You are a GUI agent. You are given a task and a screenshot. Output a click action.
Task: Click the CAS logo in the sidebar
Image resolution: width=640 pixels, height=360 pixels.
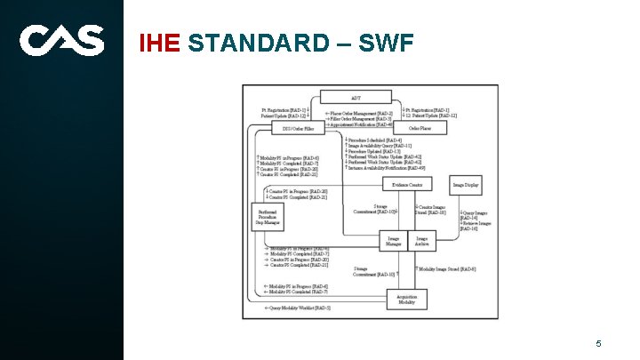(61, 40)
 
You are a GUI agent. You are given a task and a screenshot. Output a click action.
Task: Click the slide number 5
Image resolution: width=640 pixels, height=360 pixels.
(599, 343)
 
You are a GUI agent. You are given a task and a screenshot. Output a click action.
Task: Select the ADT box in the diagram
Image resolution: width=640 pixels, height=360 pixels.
(356, 97)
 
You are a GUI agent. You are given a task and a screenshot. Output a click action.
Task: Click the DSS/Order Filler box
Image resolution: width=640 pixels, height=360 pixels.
(298, 129)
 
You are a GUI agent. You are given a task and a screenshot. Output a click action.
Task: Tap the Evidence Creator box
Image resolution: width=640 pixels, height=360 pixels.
(407, 184)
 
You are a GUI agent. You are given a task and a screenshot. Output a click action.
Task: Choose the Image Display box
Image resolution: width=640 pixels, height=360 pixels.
(466, 185)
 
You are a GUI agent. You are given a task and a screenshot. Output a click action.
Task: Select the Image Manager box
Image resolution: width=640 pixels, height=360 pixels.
(393, 240)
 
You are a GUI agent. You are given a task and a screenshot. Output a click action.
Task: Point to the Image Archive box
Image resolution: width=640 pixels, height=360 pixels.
(422, 240)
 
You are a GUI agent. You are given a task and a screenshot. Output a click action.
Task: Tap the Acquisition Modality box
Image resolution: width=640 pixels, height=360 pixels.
(406, 300)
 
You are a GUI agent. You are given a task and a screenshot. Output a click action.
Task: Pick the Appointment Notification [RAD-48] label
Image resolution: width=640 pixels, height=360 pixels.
(359, 124)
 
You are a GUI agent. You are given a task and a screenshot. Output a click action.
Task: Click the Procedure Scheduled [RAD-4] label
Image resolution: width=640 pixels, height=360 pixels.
(373, 140)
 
